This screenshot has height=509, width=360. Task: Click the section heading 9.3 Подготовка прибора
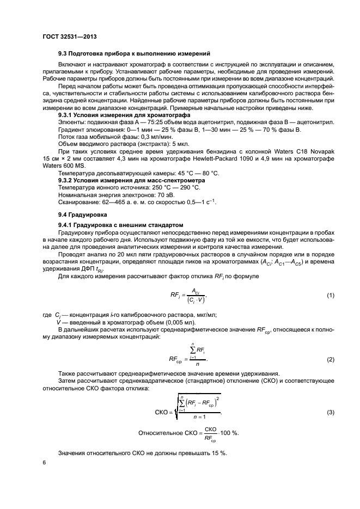coord(134,53)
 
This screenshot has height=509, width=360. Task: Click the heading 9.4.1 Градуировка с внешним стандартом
coord(121,225)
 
